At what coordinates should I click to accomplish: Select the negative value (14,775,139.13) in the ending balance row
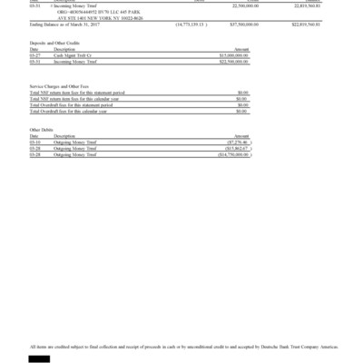pyautogui.click(x=197, y=25)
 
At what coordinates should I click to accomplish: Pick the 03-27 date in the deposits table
pyautogui.click(x=35, y=54)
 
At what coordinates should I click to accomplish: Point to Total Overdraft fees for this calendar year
pyautogui.click(x=82, y=110)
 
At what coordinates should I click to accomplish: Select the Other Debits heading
pyautogui.click(x=43, y=129)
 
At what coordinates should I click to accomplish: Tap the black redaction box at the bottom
pyautogui.click(x=40, y=358)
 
